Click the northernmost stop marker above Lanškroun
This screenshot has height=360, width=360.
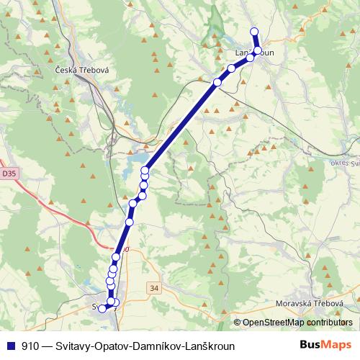pyautogui.click(x=253, y=31)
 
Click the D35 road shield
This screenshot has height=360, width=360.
pyautogui.click(x=8, y=174)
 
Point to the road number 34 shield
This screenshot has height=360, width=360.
pyautogui.click(x=154, y=288)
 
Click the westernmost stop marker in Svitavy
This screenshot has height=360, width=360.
pyautogui.click(x=102, y=307)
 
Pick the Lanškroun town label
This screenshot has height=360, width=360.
pyautogui.click(x=255, y=53)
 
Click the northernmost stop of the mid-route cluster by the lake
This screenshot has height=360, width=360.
pyautogui.click(x=145, y=171)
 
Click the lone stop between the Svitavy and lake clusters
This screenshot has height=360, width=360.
pyautogui.click(x=132, y=204)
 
